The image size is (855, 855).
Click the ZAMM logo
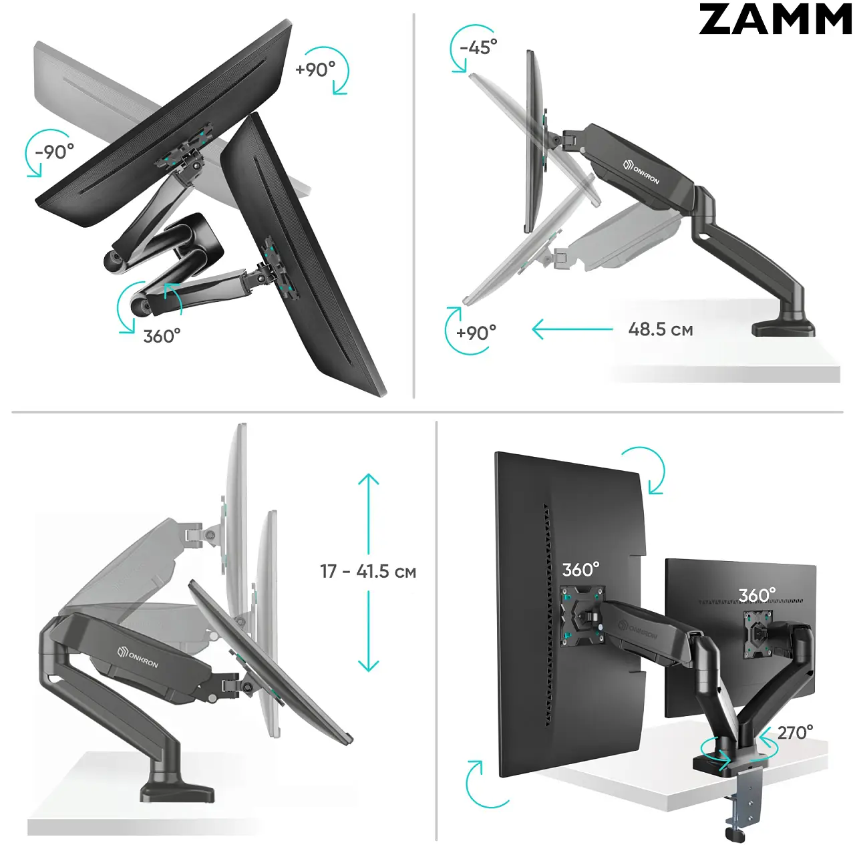click(x=775, y=19)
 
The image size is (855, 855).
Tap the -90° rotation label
click(x=55, y=152)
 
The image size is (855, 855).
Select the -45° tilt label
click(x=478, y=47)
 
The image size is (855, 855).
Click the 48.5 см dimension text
click(x=660, y=330)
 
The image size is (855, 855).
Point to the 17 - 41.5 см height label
click(x=368, y=572)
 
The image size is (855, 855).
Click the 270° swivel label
click(x=795, y=733)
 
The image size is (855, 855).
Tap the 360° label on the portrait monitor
click(x=580, y=569)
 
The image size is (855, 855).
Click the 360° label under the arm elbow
click(x=162, y=336)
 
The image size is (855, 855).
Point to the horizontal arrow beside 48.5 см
click(x=572, y=329)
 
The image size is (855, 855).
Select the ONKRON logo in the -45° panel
click(x=641, y=172)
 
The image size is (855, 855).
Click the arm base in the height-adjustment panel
click(x=177, y=790)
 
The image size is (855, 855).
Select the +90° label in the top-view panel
click(x=315, y=69)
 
